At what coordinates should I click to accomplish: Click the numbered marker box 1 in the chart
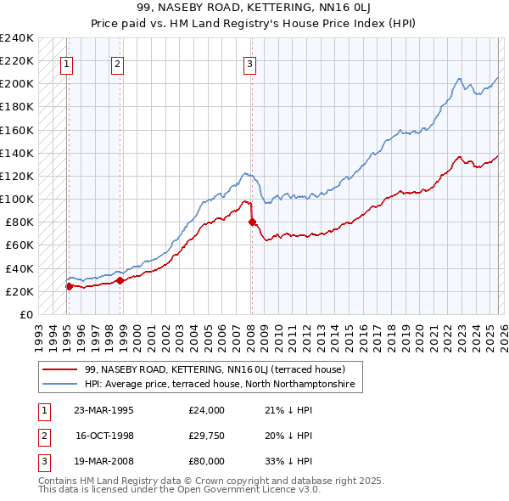(66, 62)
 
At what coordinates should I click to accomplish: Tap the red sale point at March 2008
(252, 222)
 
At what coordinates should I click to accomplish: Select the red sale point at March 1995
(69, 286)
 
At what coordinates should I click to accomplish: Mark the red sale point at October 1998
(120, 279)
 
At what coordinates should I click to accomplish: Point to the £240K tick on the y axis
(17, 38)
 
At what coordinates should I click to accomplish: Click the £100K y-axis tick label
(17, 199)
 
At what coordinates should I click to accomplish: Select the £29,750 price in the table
(207, 436)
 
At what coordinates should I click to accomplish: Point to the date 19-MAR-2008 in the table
(103, 461)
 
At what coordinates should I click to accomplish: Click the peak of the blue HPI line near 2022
(458, 78)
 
